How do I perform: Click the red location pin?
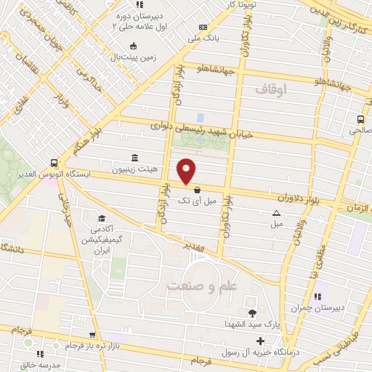pyautogui.click(x=187, y=171)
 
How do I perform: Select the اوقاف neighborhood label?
pyautogui.click(x=272, y=89)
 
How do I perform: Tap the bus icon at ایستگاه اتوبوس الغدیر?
pyautogui.click(x=54, y=163)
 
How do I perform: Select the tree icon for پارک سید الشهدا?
pyautogui.click(x=252, y=314)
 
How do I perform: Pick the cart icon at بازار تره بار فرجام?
pyautogui.click(x=92, y=335)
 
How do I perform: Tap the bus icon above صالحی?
pyautogui.click(x=361, y=120)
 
